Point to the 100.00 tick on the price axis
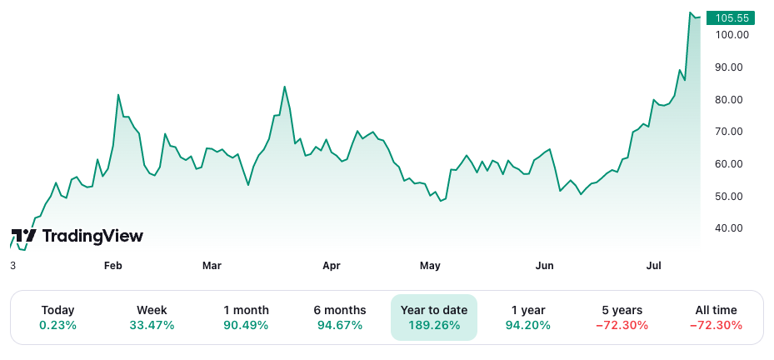732,35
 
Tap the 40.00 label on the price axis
732,228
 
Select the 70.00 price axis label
732,132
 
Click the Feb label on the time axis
112,266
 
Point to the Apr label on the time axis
332,266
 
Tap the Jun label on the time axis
544,266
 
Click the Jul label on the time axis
654,266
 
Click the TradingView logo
77,237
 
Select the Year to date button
434,317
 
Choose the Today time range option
57,317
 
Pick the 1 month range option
246,317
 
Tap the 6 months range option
340,317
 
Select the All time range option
716,317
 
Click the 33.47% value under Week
152,325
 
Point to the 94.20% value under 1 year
528,325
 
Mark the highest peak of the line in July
692,12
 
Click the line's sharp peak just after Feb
118,95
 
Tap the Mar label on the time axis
212,266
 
